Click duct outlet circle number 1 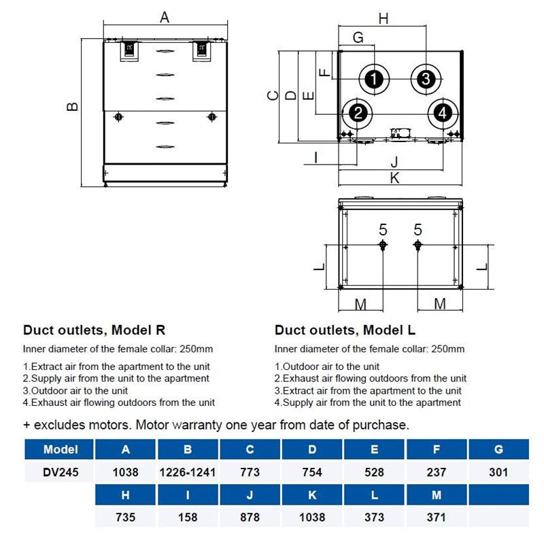[x=373, y=79]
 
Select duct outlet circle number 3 [x=425, y=79]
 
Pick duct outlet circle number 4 [x=442, y=113]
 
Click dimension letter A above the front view [x=165, y=18]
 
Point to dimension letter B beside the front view [x=73, y=106]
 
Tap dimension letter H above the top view [x=384, y=19]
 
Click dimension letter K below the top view [x=394, y=178]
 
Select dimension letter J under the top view [x=394, y=162]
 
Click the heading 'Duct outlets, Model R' [x=95, y=330]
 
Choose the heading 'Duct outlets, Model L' [x=345, y=330]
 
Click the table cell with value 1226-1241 [x=187, y=472]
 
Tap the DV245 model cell [x=61, y=472]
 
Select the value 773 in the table [x=250, y=472]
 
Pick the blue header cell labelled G [x=498, y=449]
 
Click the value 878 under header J [x=250, y=517]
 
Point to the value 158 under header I [x=187, y=517]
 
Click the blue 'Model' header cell [x=61, y=449]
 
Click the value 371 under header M [x=436, y=517]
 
